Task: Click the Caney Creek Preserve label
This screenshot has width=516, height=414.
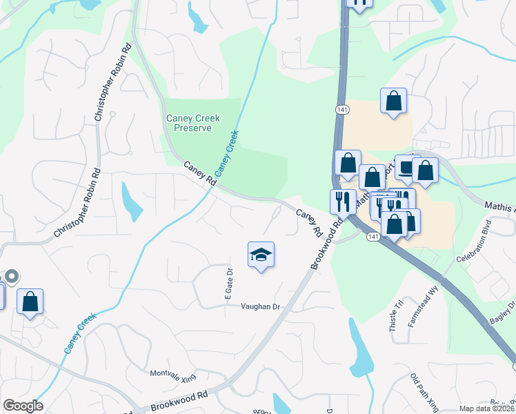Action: pyautogui.click(x=193, y=123)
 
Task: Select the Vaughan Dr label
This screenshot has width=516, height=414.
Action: pyautogui.click(x=259, y=307)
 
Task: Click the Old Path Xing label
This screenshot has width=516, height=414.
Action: pyautogui.click(x=424, y=391)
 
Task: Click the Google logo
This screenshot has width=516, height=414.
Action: pyautogui.click(x=23, y=406)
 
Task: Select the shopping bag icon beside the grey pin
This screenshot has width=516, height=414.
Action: pyautogui.click(x=30, y=302)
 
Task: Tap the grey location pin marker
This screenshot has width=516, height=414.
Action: pyautogui.click(x=11, y=277)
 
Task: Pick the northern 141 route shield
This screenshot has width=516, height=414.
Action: pyautogui.click(x=343, y=110)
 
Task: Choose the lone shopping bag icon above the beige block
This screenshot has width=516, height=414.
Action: pyautogui.click(x=393, y=101)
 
